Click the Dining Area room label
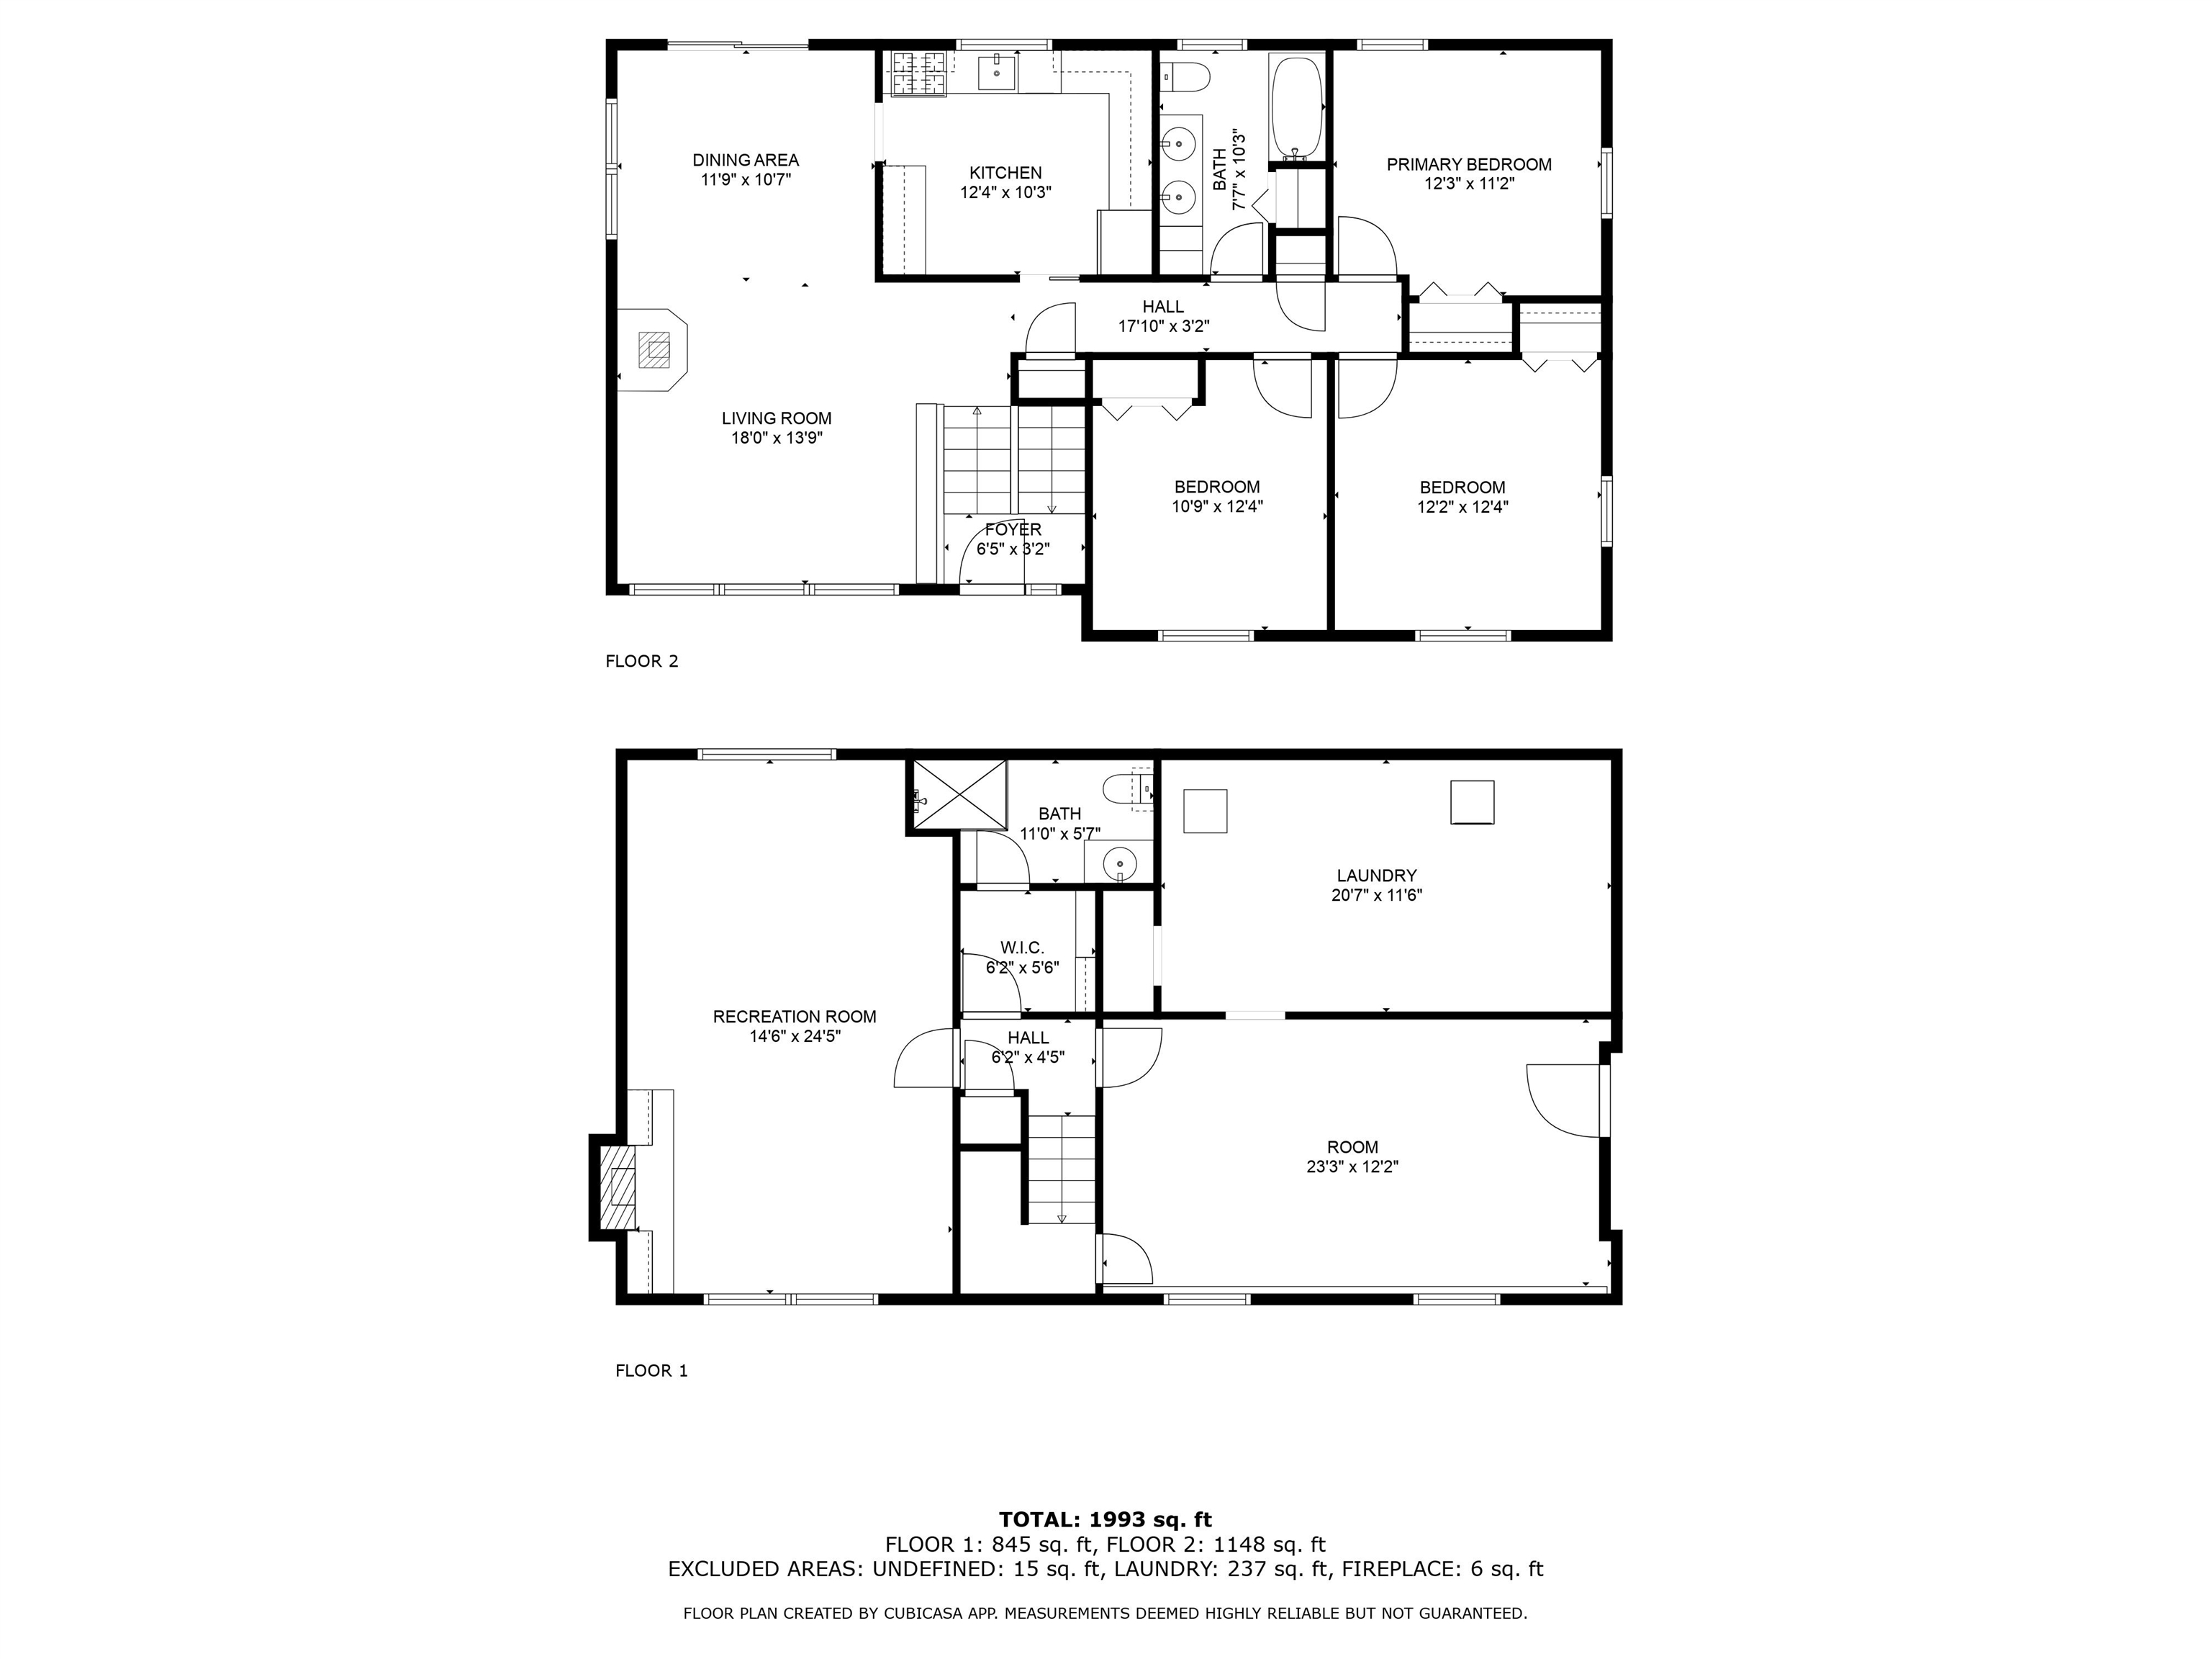click(746, 160)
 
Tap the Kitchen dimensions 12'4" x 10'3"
click(1005, 193)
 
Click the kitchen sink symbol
click(997, 73)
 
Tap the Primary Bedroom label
click(1468, 165)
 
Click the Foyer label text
click(1013, 530)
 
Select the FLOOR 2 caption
click(642, 661)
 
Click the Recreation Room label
click(794, 1017)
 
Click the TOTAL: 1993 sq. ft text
click(1105, 1521)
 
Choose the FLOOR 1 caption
click(651, 1371)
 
